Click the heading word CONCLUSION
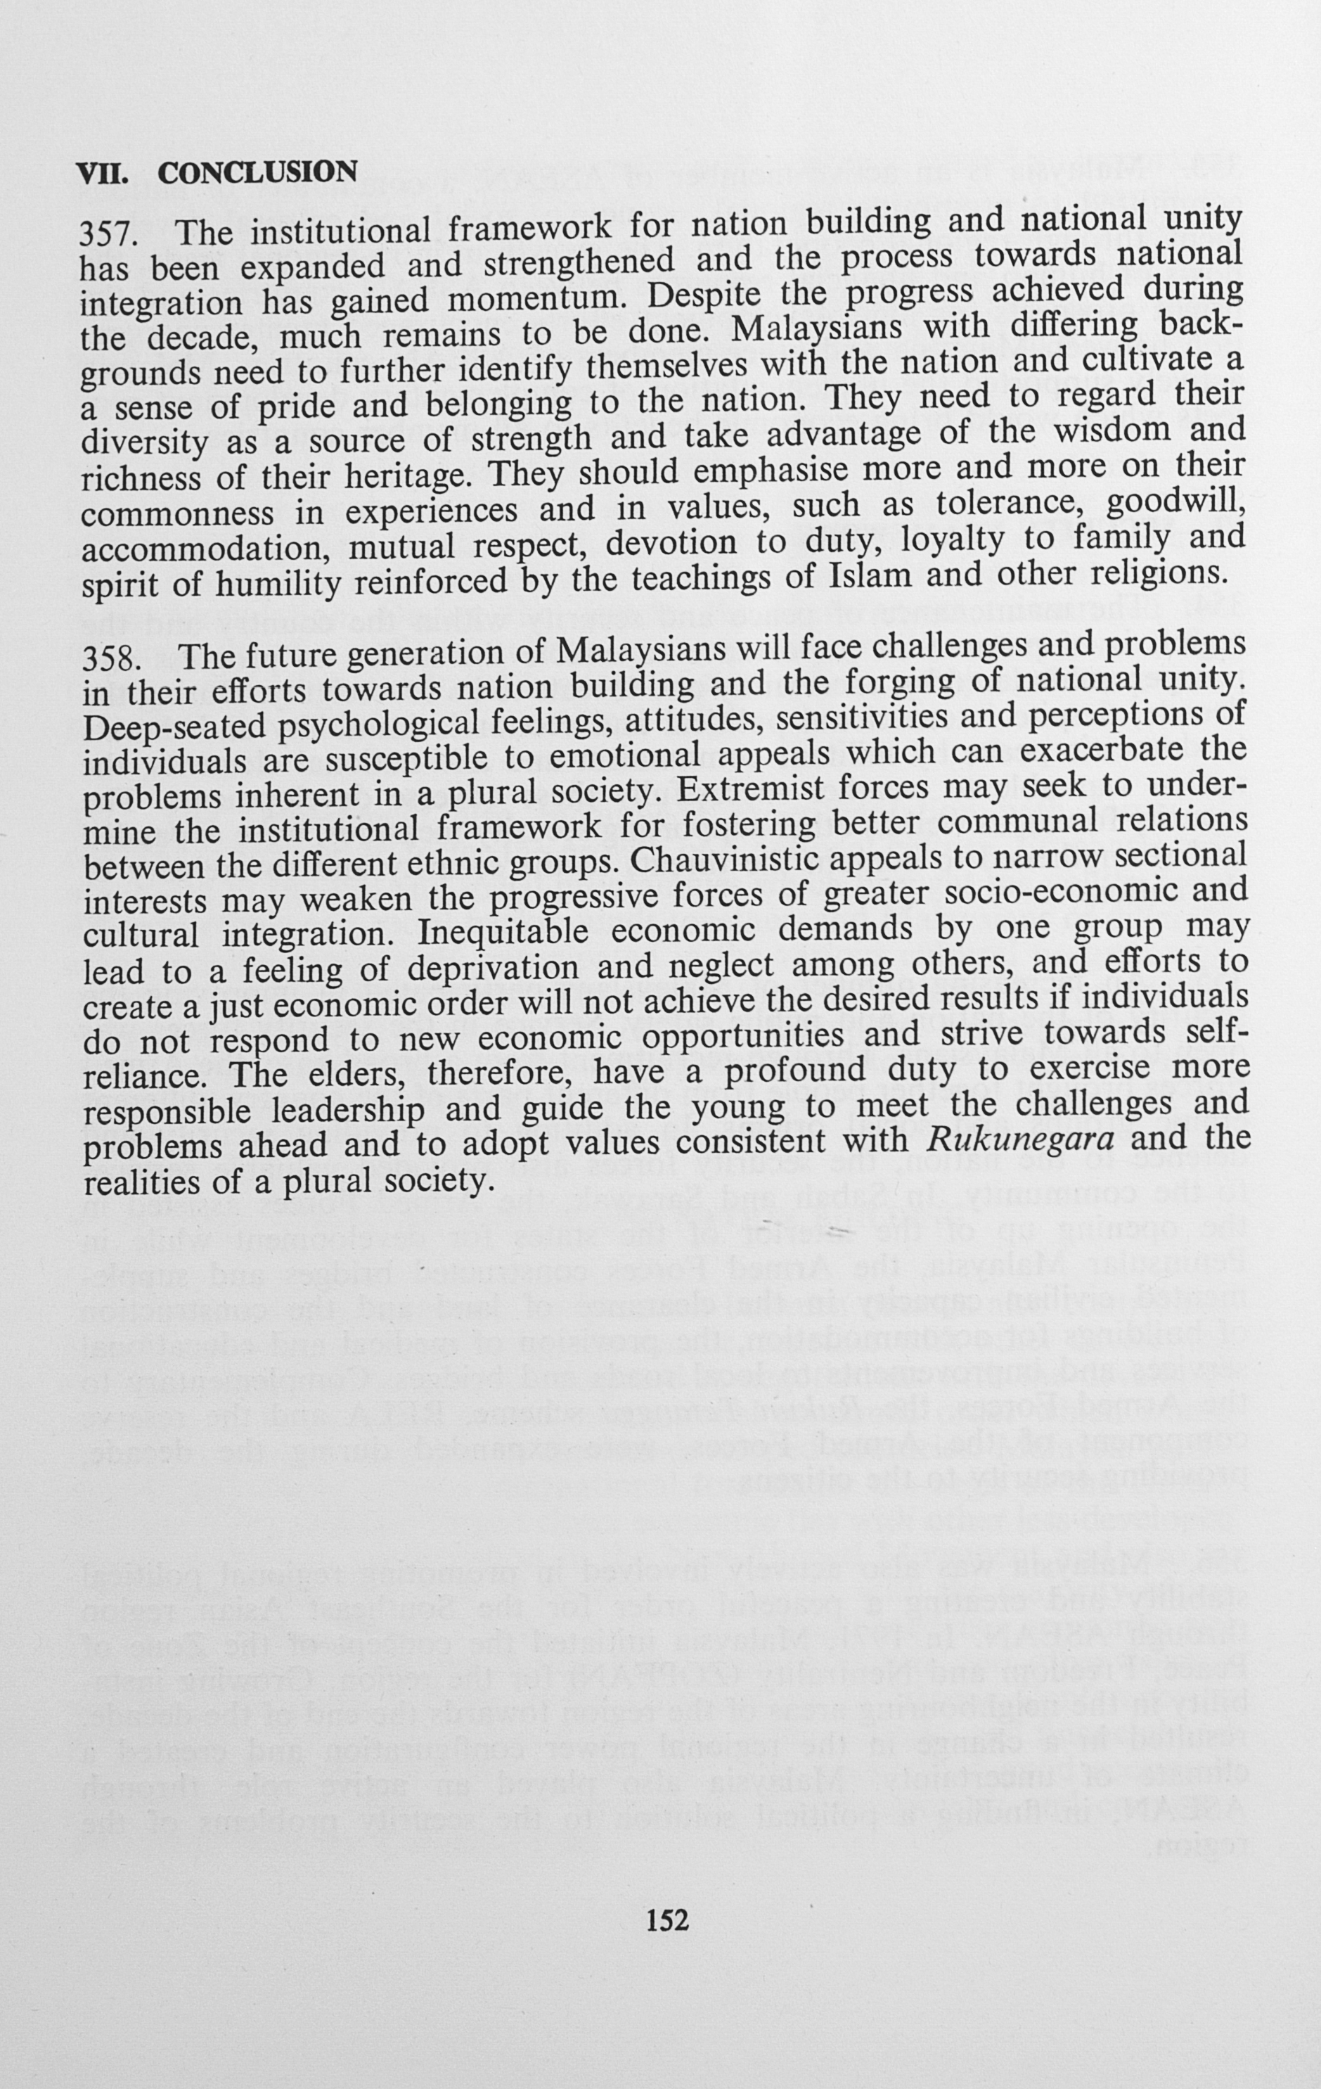(x=257, y=172)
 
